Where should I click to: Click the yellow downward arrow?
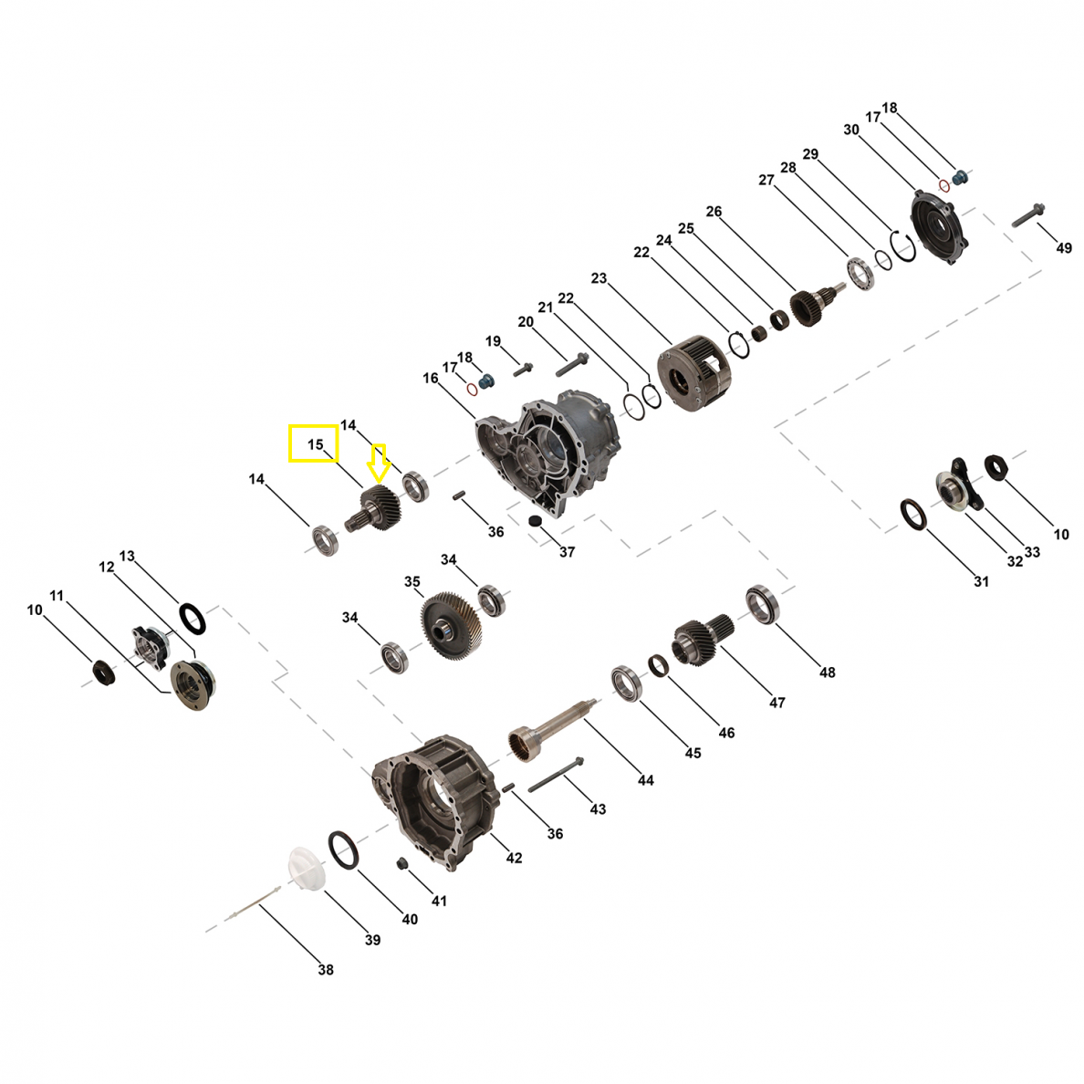tap(378, 464)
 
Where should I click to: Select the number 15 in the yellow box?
tap(315, 444)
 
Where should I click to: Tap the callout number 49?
tap(1064, 247)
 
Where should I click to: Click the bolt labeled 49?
tap(1028, 215)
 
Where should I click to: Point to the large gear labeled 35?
tap(451, 625)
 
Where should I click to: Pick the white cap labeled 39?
tap(307, 869)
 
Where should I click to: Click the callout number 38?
tap(326, 970)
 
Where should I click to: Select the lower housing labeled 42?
tap(435, 801)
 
